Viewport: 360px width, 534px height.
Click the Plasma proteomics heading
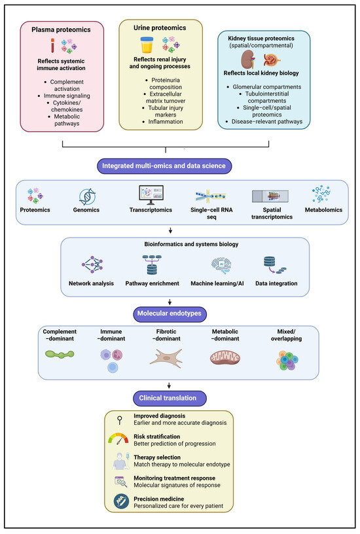click(61, 29)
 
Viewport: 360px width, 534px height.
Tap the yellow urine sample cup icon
click(147, 45)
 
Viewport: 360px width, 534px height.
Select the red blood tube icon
click(52, 45)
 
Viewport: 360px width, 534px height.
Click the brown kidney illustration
click(247, 60)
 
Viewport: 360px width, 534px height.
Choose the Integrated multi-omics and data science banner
click(164, 166)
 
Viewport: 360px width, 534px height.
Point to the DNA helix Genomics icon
click(87, 196)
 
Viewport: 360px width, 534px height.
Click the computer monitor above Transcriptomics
click(151, 195)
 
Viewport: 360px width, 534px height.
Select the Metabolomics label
click(323, 210)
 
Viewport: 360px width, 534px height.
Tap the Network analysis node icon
click(92, 264)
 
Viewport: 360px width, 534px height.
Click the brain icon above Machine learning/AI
click(221, 265)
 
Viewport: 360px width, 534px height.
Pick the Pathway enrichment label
click(153, 283)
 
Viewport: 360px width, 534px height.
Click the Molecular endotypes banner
click(170, 313)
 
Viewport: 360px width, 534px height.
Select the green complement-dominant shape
click(60, 355)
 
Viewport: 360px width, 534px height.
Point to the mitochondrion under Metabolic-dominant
click(225, 357)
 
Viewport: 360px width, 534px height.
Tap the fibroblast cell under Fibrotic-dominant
click(166, 358)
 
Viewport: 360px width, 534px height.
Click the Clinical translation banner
click(170, 398)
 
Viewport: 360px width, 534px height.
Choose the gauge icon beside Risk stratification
click(118, 439)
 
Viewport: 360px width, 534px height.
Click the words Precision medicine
click(158, 499)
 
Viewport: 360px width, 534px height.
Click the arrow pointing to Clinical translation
click(170, 385)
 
